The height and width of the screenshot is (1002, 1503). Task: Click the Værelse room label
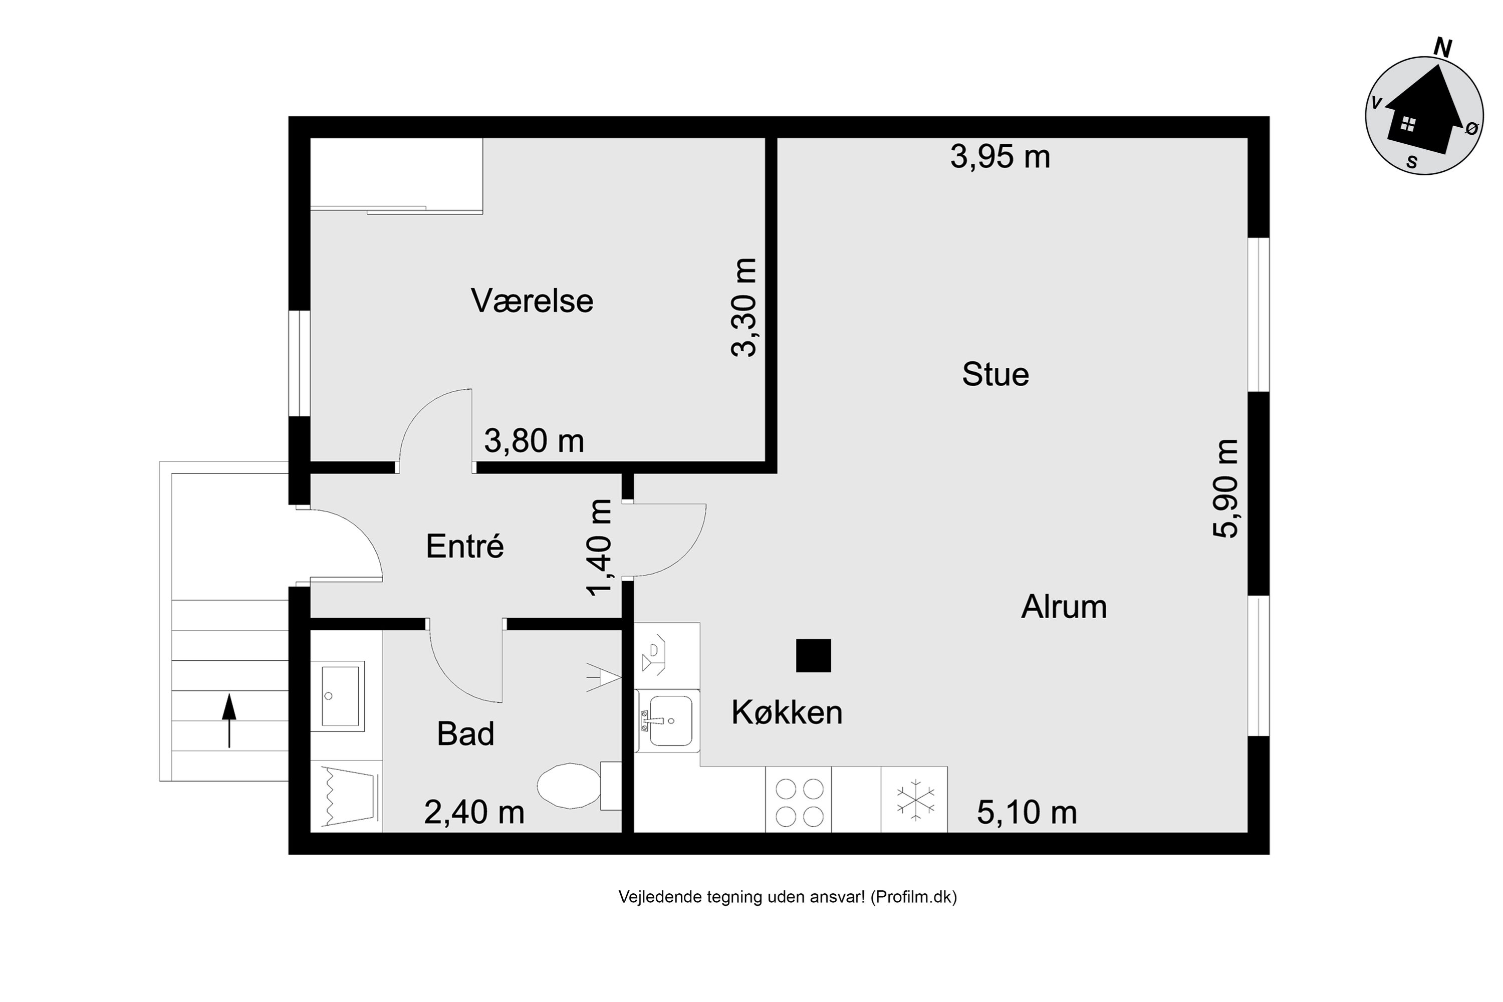[532, 301]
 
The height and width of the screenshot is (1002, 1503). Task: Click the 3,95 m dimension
[999, 156]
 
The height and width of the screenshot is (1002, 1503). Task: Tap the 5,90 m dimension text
[1225, 489]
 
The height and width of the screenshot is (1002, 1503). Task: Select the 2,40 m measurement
[473, 813]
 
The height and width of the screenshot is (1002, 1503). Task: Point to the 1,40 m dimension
[599, 548]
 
